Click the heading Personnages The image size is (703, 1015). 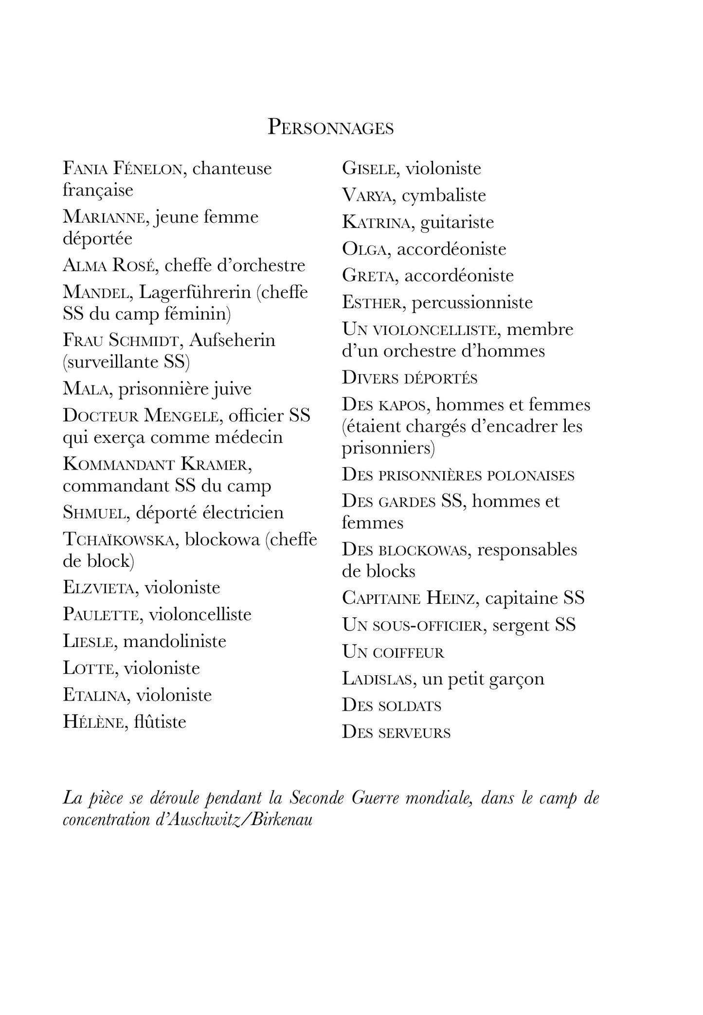tap(330, 127)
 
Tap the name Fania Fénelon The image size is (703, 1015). tap(123, 169)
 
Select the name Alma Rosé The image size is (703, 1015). tap(108, 265)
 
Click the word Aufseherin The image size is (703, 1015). tap(232, 340)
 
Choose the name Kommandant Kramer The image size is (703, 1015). tap(157, 464)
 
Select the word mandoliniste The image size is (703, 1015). tap(175, 641)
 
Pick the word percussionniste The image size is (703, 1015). tap(472, 302)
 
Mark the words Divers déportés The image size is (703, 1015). tap(410, 378)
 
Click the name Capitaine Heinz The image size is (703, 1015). tap(408, 598)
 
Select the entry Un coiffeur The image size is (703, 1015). tap(393, 652)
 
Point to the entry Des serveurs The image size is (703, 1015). tap(396, 732)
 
